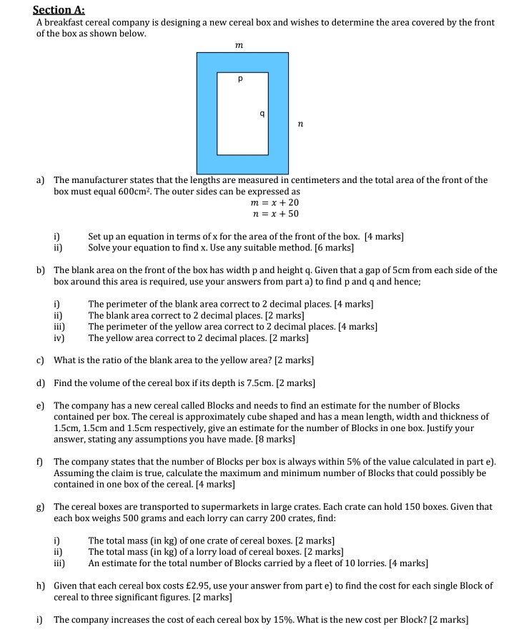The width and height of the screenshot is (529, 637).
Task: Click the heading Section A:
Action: pyautogui.click(x=59, y=10)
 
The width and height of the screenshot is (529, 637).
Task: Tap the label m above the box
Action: pyautogui.click(x=239, y=45)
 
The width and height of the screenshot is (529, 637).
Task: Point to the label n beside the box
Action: pyautogui.click(x=300, y=124)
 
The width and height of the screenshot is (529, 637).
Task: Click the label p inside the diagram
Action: pyautogui.click(x=241, y=79)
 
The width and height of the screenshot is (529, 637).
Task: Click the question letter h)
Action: pyautogui.click(x=41, y=586)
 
